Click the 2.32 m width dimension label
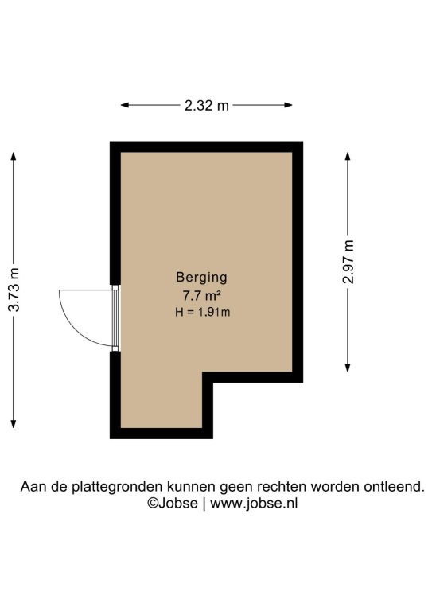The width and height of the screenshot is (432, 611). coord(207,105)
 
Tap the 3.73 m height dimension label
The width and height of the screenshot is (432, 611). coord(14,290)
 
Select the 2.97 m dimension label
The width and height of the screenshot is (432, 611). coord(348,262)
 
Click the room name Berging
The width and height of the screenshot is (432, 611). coord(201,278)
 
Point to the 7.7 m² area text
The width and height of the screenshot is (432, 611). coord(202,296)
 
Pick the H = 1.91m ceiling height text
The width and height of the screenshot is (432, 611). coord(202,312)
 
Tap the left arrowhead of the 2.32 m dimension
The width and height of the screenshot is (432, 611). coord(125,105)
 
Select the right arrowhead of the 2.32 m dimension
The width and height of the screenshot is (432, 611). coord(288,105)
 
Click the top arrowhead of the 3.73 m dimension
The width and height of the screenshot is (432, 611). coord(14,156)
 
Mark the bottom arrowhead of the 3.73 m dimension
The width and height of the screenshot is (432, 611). coord(14,423)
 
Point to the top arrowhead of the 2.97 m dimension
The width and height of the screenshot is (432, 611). coord(348,156)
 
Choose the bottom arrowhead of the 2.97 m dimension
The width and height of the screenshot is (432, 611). coord(348,368)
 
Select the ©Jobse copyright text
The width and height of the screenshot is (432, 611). coord(172,503)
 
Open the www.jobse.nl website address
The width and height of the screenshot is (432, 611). coord(254,504)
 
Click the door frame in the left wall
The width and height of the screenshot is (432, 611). coord(115,318)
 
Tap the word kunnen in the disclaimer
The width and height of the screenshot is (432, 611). coord(191,487)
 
